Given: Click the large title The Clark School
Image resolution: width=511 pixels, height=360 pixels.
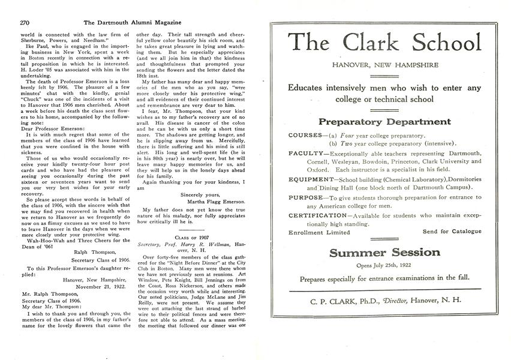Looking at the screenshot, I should point(384,43).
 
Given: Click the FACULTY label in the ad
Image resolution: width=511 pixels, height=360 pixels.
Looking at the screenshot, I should point(306,154).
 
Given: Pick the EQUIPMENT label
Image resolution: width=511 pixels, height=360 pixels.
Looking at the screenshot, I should point(311,179).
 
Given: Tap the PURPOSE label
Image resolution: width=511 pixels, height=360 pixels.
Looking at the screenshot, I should point(307,197).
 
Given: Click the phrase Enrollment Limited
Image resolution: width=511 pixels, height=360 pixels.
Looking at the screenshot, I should point(318,232).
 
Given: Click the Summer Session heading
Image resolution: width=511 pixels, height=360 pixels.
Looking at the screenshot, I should point(384,253).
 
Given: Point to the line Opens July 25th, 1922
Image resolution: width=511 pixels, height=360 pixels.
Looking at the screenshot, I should point(384,265).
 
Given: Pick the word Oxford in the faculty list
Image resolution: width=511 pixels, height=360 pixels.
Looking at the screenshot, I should point(300,170).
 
